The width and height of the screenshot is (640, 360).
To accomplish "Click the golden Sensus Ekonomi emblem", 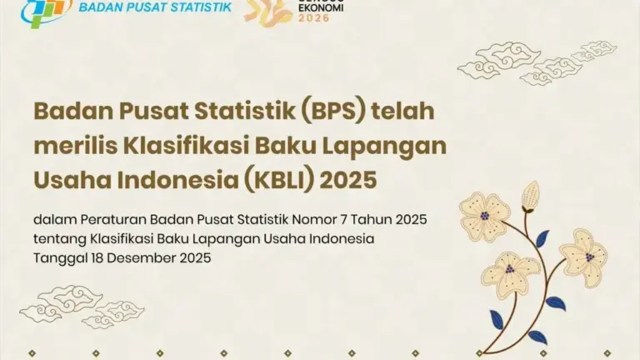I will (267, 11).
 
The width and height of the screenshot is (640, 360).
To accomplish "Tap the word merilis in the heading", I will (67, 145).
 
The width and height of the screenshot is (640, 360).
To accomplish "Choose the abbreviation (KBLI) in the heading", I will (282, 179).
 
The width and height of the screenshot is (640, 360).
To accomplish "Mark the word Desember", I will (142, 258).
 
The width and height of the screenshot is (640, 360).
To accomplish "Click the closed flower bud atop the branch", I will (530, 197).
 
